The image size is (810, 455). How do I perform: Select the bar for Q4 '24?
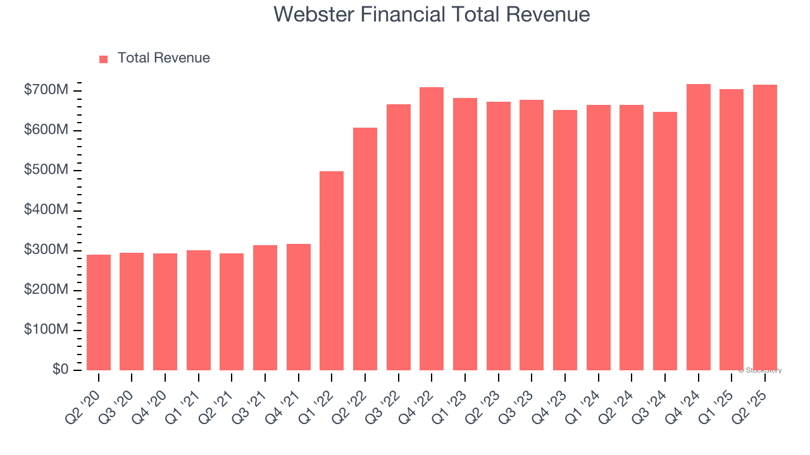698,227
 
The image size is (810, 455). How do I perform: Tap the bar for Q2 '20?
99,312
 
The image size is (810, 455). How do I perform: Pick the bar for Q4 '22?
432,229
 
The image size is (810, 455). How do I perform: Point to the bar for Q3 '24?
665,241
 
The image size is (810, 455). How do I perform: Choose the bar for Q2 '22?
365,249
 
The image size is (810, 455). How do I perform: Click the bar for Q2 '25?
765,227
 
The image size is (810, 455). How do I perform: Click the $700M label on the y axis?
46,90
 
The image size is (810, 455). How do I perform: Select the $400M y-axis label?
46,210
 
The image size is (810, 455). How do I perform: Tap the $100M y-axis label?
46,330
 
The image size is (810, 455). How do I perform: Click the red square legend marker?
104,59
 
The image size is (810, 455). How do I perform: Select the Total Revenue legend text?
163,58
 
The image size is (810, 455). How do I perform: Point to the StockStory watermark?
760,370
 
